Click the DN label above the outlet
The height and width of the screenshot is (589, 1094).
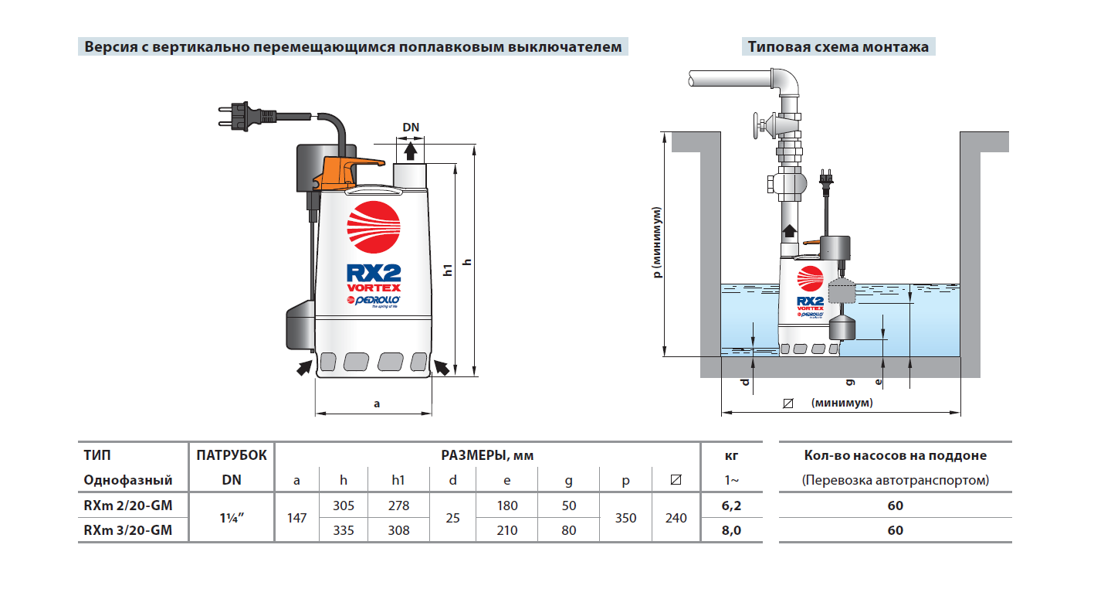coord(411,128)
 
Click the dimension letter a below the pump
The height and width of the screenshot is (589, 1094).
coord(376,403)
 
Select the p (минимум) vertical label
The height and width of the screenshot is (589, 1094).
coord(657,241)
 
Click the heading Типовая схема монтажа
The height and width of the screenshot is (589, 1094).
coord(838,46)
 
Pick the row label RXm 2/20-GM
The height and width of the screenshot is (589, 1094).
coord(128,506)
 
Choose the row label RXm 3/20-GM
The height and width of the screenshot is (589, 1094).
coord(128,530)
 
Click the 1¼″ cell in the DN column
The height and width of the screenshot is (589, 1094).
coord(231,518)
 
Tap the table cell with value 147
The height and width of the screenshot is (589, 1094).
coord(297,518)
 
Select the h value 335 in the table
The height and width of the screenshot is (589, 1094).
coord(344,530)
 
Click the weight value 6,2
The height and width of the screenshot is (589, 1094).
coord(731,506)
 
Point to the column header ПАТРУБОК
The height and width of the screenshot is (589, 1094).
coord(231,455)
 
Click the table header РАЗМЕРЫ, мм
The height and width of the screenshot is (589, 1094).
coord(487,455)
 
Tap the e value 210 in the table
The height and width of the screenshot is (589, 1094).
coord(506,530)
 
